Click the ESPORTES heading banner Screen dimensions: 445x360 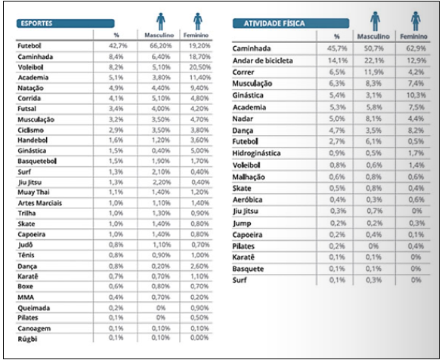(x=66, y=23)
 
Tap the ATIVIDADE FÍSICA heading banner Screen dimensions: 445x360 (x=291, y=23)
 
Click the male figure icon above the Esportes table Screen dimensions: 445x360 (x=161, y=21)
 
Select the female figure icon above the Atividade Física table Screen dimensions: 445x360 (x=416, y=21)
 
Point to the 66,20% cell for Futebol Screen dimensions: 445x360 (x=161, y=46)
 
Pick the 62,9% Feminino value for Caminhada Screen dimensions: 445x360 (x=416, y=48)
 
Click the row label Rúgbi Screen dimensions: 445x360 (x=27, y=339)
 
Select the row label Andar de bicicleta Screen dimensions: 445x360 (x=262, y=60)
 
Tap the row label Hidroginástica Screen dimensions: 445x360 (x=257, y=153)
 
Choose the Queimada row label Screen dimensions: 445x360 (x=34, y=308)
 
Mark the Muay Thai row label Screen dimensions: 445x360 (x=33, y=192)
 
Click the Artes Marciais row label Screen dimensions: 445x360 (x=40, y=203)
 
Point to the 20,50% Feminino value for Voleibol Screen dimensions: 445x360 (x=200, y=67)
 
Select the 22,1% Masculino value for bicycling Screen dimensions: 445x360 (x=374, y=60)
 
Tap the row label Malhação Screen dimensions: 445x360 (x=249, y=177)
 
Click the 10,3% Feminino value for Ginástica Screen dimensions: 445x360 (x=416, y=95)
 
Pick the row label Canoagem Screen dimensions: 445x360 (x=34, y=328)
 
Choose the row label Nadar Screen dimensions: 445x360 (x=243, y=118)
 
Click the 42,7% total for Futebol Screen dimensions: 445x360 (x=118, y=46)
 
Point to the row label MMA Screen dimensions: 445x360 (x=26, y=297)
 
